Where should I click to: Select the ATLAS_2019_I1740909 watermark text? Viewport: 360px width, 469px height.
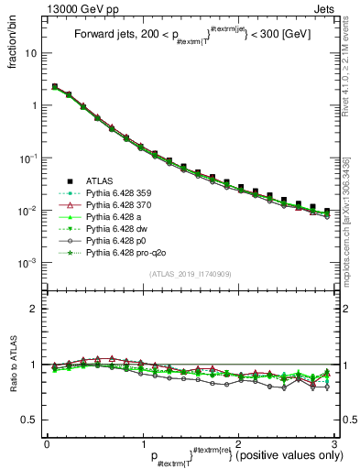190,275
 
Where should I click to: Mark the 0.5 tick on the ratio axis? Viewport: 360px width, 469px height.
32,420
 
